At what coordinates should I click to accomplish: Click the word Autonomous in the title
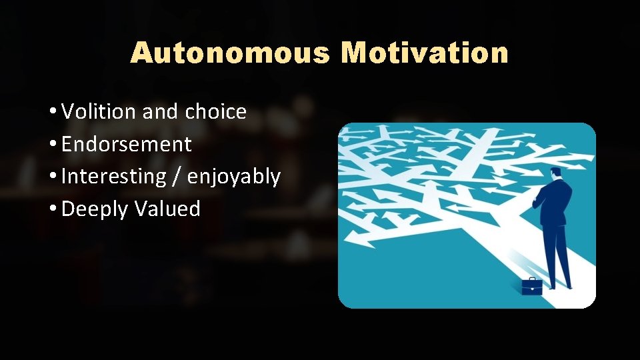click(x=229, y=53)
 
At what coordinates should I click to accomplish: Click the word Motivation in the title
click(x=425, y=53)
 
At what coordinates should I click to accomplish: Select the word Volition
click(x=99, y=111)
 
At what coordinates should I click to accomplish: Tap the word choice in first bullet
click(x=215, y=111)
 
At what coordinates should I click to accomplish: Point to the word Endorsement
click(x=126, y=144)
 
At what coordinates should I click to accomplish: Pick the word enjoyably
click(x=234, y=177)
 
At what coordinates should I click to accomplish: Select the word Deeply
click(x=95, y=209)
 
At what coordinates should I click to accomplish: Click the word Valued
click(x=167, y=209)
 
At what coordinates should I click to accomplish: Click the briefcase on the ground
click(x=531, y=287)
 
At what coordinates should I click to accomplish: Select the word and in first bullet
click(x=160, y=111)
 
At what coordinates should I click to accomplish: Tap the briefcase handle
click(x=531, y=279)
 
